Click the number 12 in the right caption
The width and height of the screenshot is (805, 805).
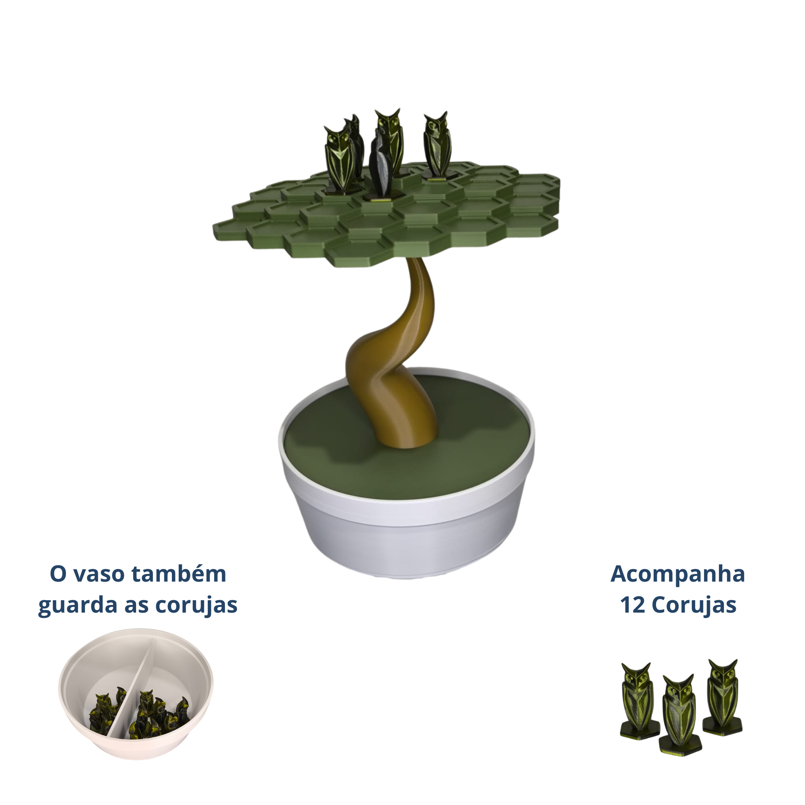click(632, 605)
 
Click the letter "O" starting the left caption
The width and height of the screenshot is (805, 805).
click(58, 575)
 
